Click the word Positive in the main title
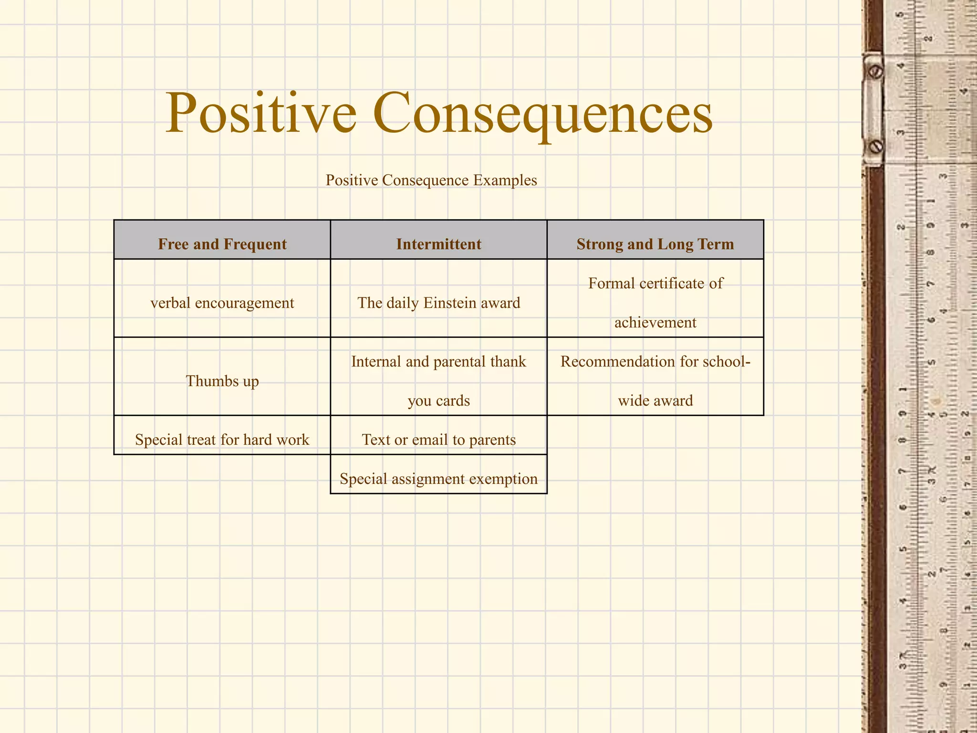(261, 114)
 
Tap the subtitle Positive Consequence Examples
(431, 180)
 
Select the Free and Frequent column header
(222, 244)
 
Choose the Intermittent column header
(438, 244)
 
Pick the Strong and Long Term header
(655, 244)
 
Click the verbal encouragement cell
(222, 303)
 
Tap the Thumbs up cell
(222, 381)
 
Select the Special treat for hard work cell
(222, 439)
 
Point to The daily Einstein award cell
(438, 303)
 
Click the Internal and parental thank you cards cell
(438, 380)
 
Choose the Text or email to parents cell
(438, 439)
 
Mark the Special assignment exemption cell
(438, 478)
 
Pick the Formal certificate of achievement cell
(655, 303)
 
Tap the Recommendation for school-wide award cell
(655, 380)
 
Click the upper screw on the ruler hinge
(875, 72)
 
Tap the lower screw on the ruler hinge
(876, 146)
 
